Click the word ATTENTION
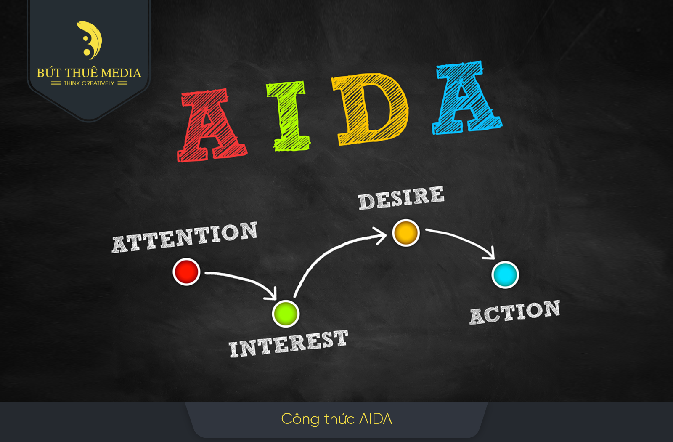point(185,237)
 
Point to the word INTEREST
point(289,343)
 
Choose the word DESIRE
point(401,197)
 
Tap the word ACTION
point(515,312)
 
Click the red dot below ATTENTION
point(186,272)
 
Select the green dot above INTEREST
point(286,314)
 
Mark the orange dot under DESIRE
point(406,233)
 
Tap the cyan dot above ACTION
point(505,275)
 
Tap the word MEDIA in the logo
point(121,73)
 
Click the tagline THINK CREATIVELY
point(89,83)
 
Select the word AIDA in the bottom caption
point(376,419)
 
